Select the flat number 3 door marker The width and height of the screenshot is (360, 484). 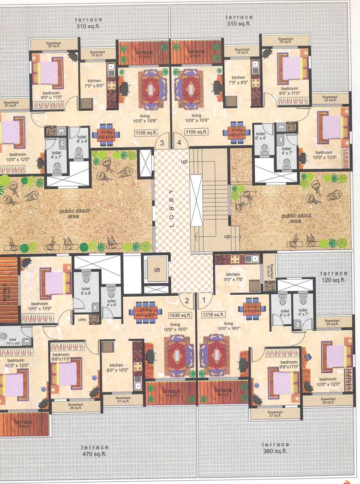click(x=162, y=143)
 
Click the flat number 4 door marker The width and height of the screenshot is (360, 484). click(x=180, y=143)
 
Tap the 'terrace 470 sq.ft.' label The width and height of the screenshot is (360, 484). click(x=94, y=450)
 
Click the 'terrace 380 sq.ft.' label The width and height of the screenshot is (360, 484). click(x=275, y=448)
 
